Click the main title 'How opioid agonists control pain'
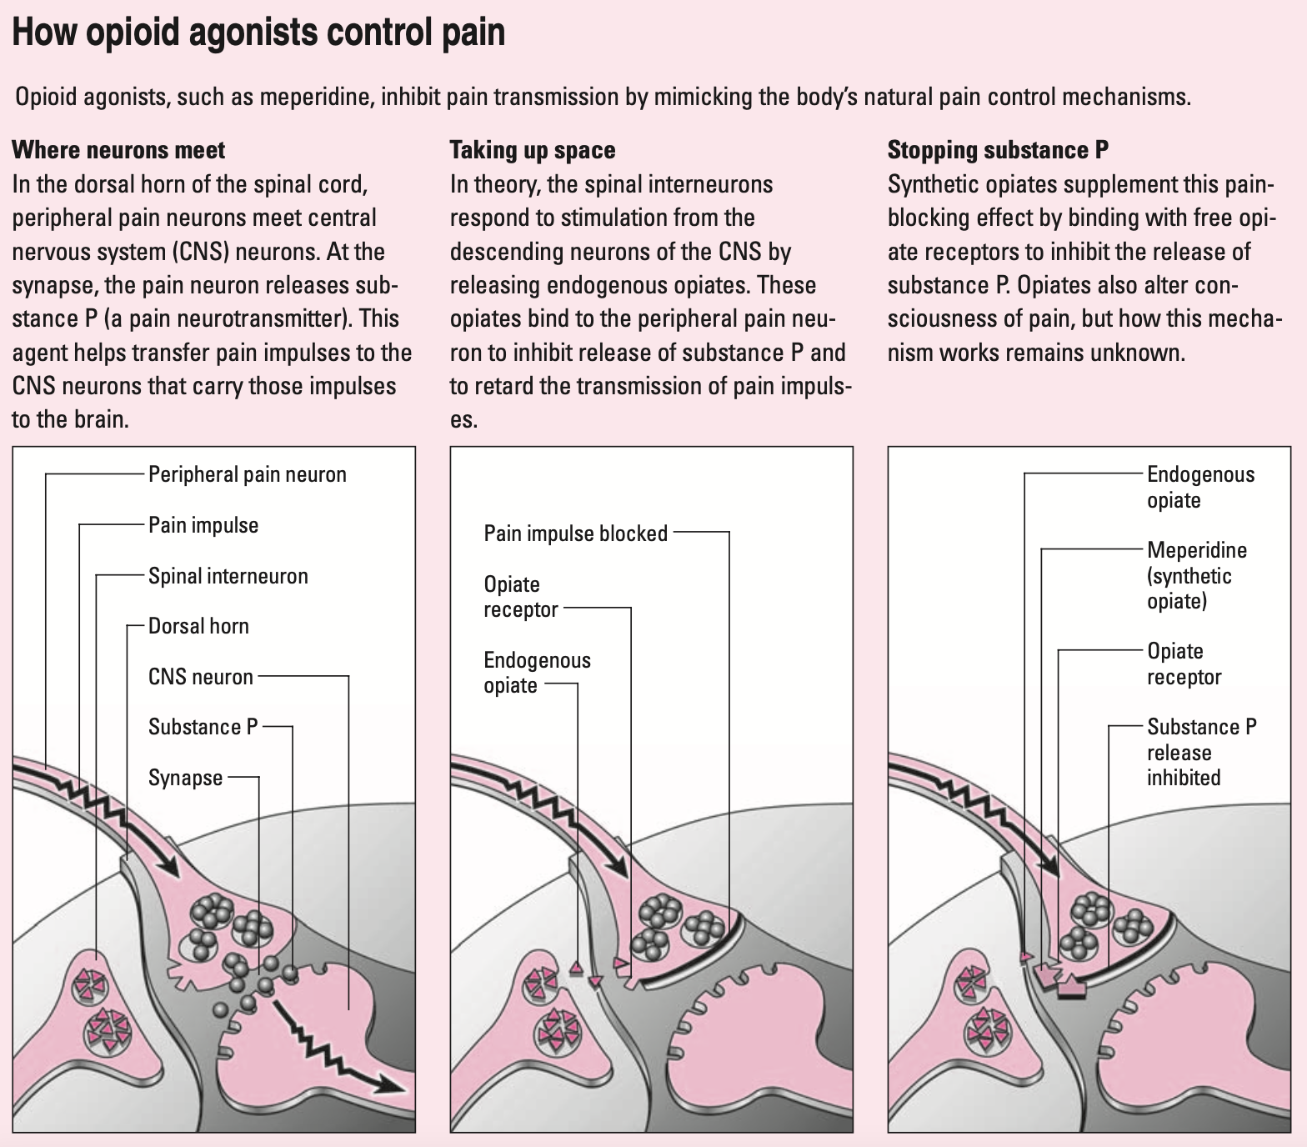click(x=258, y=32)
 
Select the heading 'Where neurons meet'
click(x=118, y=150)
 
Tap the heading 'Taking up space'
click(x=532, y=150)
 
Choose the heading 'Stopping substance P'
click(x=998, y=150)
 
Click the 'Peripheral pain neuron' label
click(x=247, y=474)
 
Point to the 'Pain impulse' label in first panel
click(x=203, y=525)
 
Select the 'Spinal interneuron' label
click(x=228, y=576)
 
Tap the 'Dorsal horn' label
click(x=198, y=626)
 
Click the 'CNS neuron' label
click(x=201, y=676)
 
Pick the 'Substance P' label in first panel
click(x=203, y=727)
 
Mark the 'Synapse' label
click(x=186, y=778)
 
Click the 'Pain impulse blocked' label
click(x=575, y=533)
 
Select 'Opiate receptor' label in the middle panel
click(x=520, y=597)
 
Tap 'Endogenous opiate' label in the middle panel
click(x=537, y=673)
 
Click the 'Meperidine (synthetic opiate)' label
click(x=1196, y=575)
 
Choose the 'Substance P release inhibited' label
click(x=1201, y=752)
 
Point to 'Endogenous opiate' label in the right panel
click(x=1200, y=487)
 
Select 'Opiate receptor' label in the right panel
click(x=1184, y=664)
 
